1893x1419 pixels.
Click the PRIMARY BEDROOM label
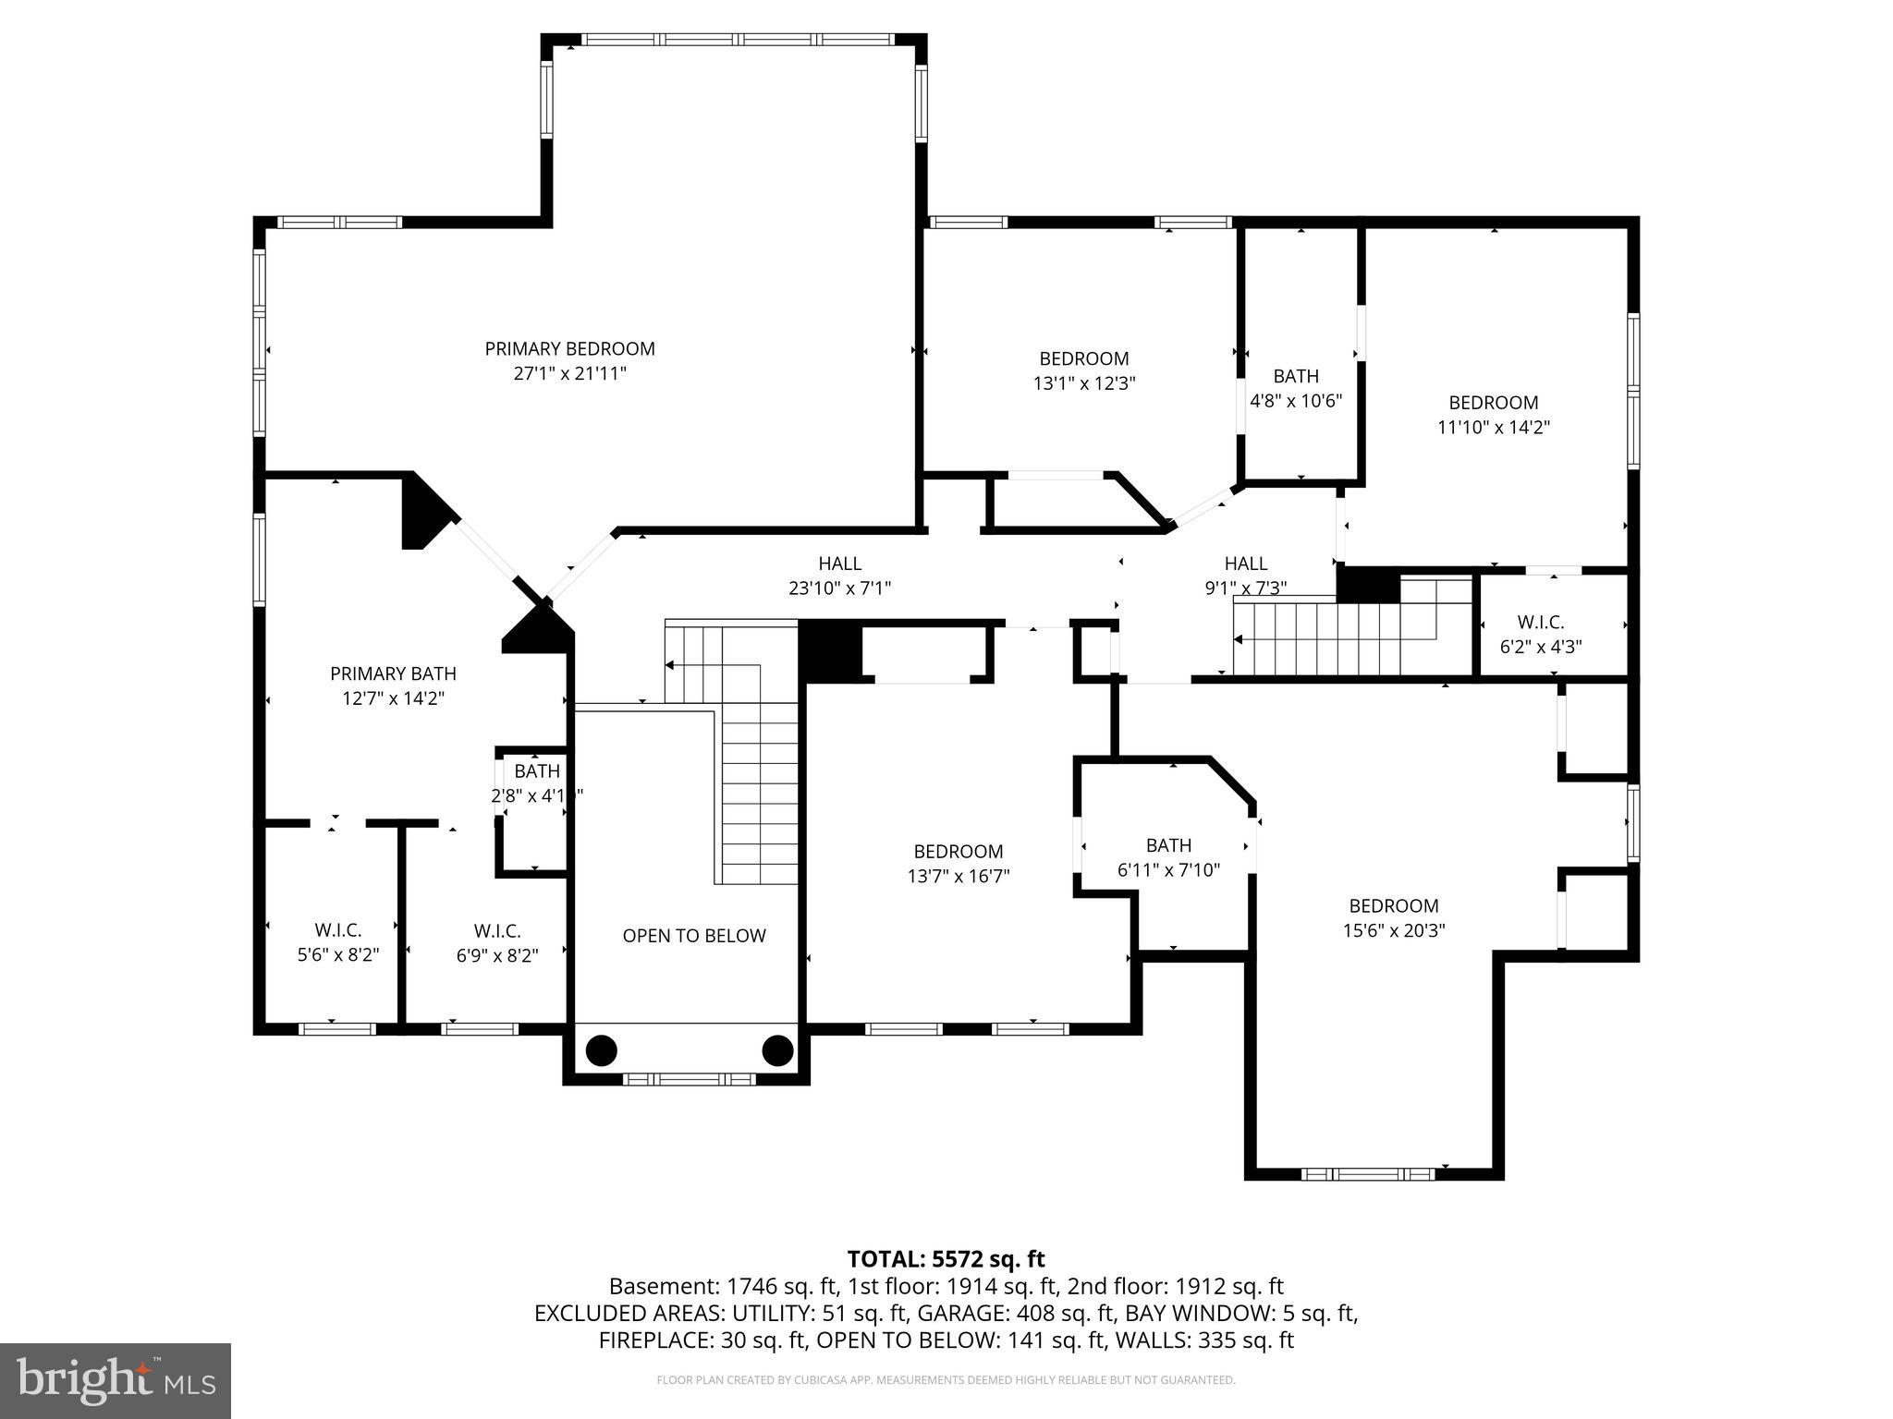click(x=569, y=348)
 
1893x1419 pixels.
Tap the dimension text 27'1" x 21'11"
click(x=569, y=374)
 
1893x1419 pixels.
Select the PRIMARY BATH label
click(x=393, y=673)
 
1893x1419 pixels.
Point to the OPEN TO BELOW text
click(x=693, y=936)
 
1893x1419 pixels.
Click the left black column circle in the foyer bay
click(x=601, y=1050)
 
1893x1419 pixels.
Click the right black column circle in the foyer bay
click(x=777, y=1050)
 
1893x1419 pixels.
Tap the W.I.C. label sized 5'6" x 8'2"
click(x=337, y=930)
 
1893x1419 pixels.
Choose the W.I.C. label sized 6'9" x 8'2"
click(x=497, y=930)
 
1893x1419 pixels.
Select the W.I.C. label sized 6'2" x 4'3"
click(x=1540, y=623)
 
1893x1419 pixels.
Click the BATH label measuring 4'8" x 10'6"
click(x=1295, y=376)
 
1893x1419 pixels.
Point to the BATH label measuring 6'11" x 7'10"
click(x=1168, y=845)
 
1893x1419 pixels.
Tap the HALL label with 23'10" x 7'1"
click(x=839, y=564)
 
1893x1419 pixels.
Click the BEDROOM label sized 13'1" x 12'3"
click(x=1083, y=358)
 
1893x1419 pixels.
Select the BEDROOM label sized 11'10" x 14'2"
click(x=1493, y=403)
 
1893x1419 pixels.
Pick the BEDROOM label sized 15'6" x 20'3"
click(x=1393, y=906)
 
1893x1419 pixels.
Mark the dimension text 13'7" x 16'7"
click(x=958, y=876)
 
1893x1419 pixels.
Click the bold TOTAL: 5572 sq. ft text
click(x=946, y=1259)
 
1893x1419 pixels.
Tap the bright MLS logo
click(x=115, y=1380)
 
